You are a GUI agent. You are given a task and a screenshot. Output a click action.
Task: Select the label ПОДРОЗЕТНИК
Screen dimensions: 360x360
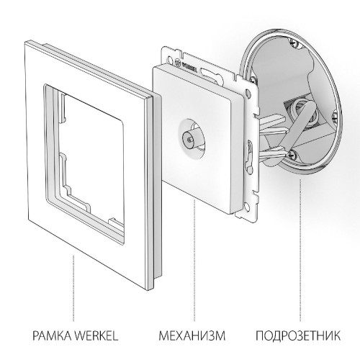click(x=301, y=336)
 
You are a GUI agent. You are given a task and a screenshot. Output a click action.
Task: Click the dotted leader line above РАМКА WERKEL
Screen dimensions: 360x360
click(x=73, y=288)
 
